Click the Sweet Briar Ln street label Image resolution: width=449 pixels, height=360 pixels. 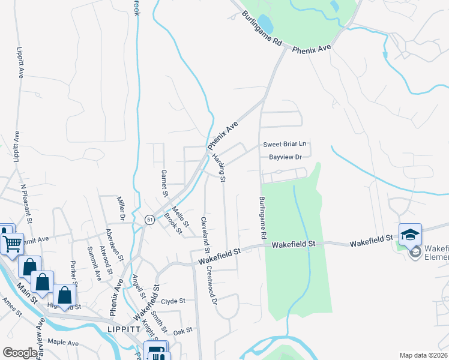pos(285,145)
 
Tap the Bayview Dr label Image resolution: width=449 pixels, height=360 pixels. pos(285,157)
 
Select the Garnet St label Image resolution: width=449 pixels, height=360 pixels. pos(163,183)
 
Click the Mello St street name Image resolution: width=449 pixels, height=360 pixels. pos(181,217)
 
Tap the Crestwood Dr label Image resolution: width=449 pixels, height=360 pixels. pos(212,287)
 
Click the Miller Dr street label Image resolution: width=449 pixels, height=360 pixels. pos(120,208)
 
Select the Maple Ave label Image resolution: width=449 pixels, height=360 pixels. pos(63,343)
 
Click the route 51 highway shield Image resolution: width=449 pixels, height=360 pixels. pos(148,220)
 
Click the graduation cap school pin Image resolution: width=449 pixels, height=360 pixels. pos(410,235)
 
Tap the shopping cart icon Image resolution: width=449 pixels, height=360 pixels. pos(11,244)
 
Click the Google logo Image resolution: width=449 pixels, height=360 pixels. pos(20,353)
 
